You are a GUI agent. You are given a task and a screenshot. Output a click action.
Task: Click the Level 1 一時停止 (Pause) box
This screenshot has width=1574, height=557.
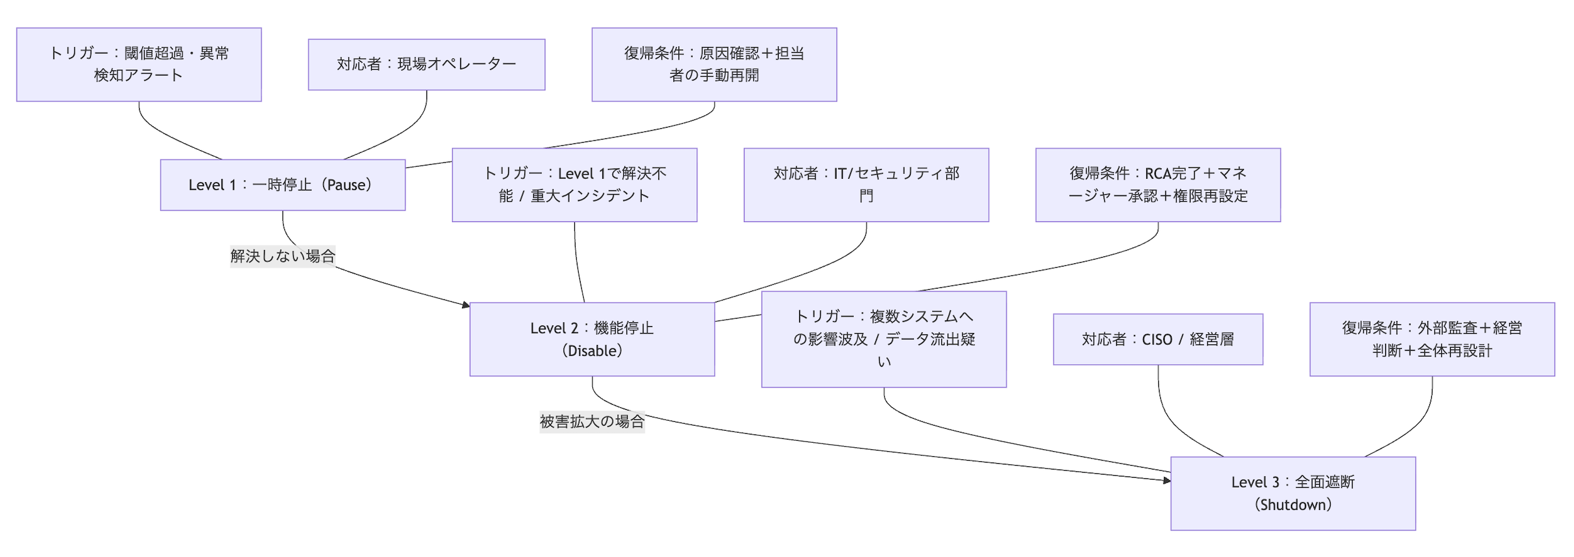tap(282, 185)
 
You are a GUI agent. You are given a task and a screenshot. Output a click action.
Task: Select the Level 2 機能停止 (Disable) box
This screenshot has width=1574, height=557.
tap(592, 339)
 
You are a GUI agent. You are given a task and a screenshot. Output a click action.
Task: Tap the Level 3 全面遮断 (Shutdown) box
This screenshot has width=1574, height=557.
tap(1292, 493)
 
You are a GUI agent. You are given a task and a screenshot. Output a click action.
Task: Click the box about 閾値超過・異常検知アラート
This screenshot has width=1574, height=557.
tap(138, 64)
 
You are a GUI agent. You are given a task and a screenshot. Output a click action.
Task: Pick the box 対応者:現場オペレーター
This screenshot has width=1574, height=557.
tap(426, 64)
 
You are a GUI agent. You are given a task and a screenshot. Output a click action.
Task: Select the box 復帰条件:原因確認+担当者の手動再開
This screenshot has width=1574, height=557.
tap(713, 64)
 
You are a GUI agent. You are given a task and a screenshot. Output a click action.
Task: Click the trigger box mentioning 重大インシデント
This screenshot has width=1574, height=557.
tap(574, 185)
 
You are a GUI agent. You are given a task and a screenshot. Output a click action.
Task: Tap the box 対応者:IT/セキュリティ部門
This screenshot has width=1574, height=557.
tap(866, 185)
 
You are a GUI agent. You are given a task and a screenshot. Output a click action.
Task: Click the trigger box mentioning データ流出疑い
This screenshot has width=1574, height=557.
tap(883, 339)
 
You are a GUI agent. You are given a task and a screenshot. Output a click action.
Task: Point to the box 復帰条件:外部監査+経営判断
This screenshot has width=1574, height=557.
tap(1431, 339)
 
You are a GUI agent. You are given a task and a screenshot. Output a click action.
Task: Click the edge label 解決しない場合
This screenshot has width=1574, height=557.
tap(282, 256)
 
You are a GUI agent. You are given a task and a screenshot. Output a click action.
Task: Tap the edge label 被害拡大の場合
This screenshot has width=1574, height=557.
tap(592, 421)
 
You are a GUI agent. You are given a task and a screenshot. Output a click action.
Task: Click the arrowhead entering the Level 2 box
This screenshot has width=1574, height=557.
tap(466, 305)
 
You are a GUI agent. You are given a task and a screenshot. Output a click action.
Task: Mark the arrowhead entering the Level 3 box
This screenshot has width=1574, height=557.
tap(1167, 481)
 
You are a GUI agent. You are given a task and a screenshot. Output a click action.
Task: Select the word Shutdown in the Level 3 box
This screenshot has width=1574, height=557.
tap(1292, 505)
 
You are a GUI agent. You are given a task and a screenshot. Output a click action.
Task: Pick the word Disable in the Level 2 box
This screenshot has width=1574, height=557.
tap(592, 351)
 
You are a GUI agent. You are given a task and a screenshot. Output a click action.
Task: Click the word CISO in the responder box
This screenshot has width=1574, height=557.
tap(1156, 339)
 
